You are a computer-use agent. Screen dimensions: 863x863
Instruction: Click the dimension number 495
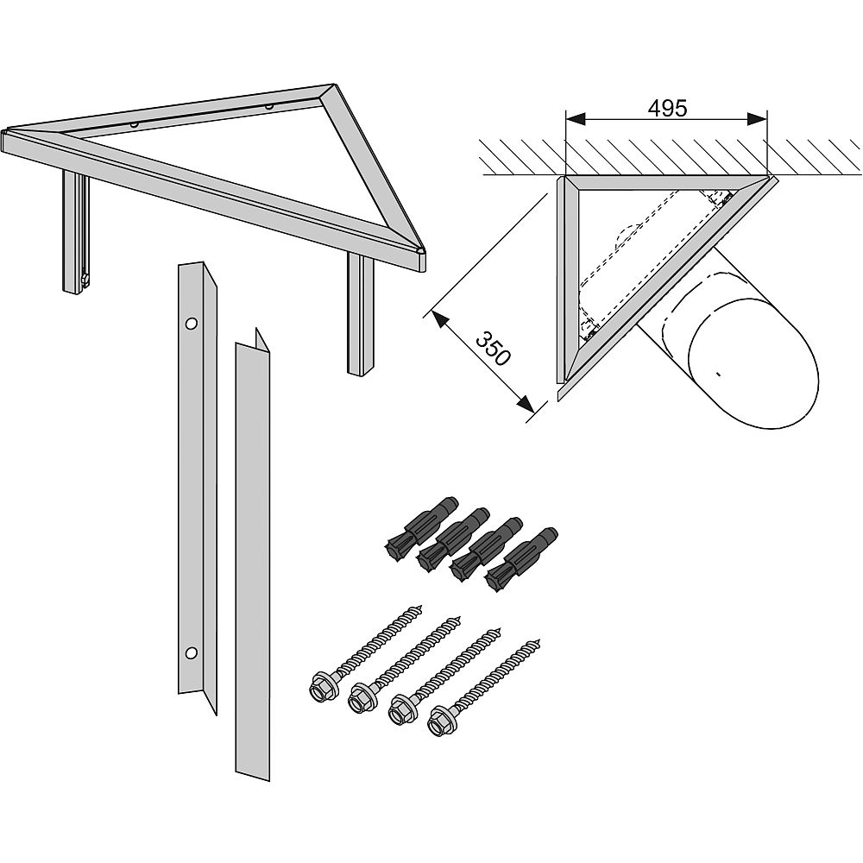pyautogui.click(x=667, y=109)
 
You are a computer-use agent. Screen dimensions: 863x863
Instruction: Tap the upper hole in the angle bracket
pyautogui.click(x=191, y=324)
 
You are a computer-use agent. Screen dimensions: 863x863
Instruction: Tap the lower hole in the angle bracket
pyautogui.click(x=192, y=652)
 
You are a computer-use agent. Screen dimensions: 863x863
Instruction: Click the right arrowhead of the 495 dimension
pyautogui.click(x=759, y=118)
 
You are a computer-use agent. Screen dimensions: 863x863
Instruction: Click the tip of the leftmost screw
pyautogui.click(x=420, y=607)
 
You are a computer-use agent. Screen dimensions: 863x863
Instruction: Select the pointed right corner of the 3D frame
pyautogui.click(x=423, y=252)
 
